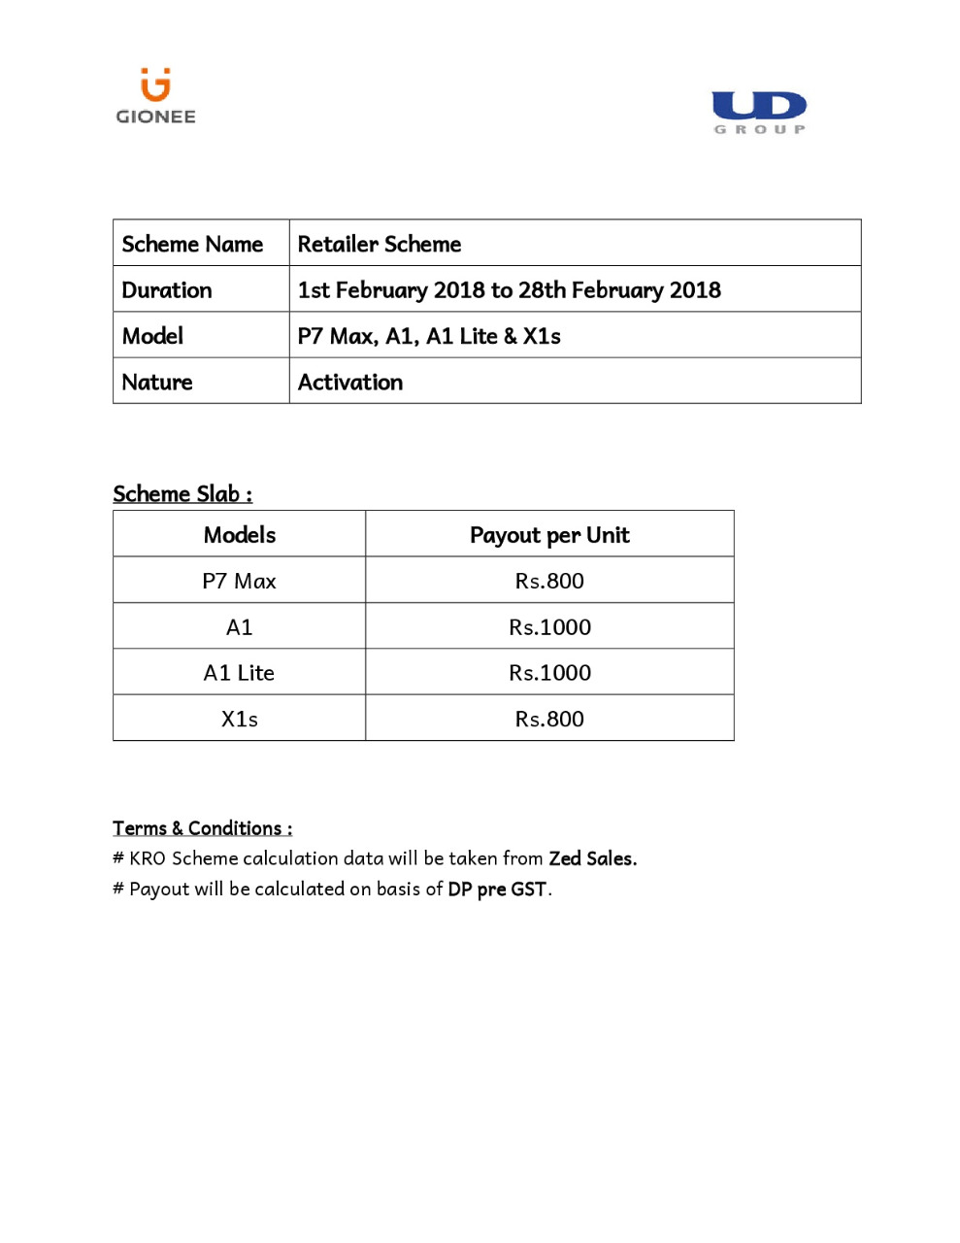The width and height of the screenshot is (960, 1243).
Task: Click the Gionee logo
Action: [155, 97]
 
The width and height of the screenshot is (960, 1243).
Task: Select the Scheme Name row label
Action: [192, 244]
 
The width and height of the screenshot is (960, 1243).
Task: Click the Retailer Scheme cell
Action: [380, 244]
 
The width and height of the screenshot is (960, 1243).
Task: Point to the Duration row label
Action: [167, 290]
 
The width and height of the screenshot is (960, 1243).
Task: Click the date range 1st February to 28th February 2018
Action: [509, 290]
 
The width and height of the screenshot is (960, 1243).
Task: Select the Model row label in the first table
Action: [152, 336]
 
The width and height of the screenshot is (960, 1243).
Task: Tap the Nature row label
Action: [157, 383]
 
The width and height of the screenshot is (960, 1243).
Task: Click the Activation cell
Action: [350, 383]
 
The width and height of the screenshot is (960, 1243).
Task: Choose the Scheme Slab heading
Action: [182, 493]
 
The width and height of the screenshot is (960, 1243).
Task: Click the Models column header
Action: [240, 535]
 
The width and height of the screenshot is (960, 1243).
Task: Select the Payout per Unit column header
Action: [549, 535]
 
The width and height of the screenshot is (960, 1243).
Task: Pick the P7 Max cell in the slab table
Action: [239, 581]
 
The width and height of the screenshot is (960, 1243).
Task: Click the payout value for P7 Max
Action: [549, 581]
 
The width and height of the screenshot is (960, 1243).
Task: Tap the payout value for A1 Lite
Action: [549, 673]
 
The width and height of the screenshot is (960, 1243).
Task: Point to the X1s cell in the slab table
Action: [239, 720]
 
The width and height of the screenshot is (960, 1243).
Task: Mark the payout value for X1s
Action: [549, 720]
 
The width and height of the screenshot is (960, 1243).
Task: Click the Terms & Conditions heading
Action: [202, 828]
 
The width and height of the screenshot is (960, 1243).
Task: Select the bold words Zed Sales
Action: [592, 858]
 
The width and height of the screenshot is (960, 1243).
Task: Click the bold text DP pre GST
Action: [497, 890]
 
